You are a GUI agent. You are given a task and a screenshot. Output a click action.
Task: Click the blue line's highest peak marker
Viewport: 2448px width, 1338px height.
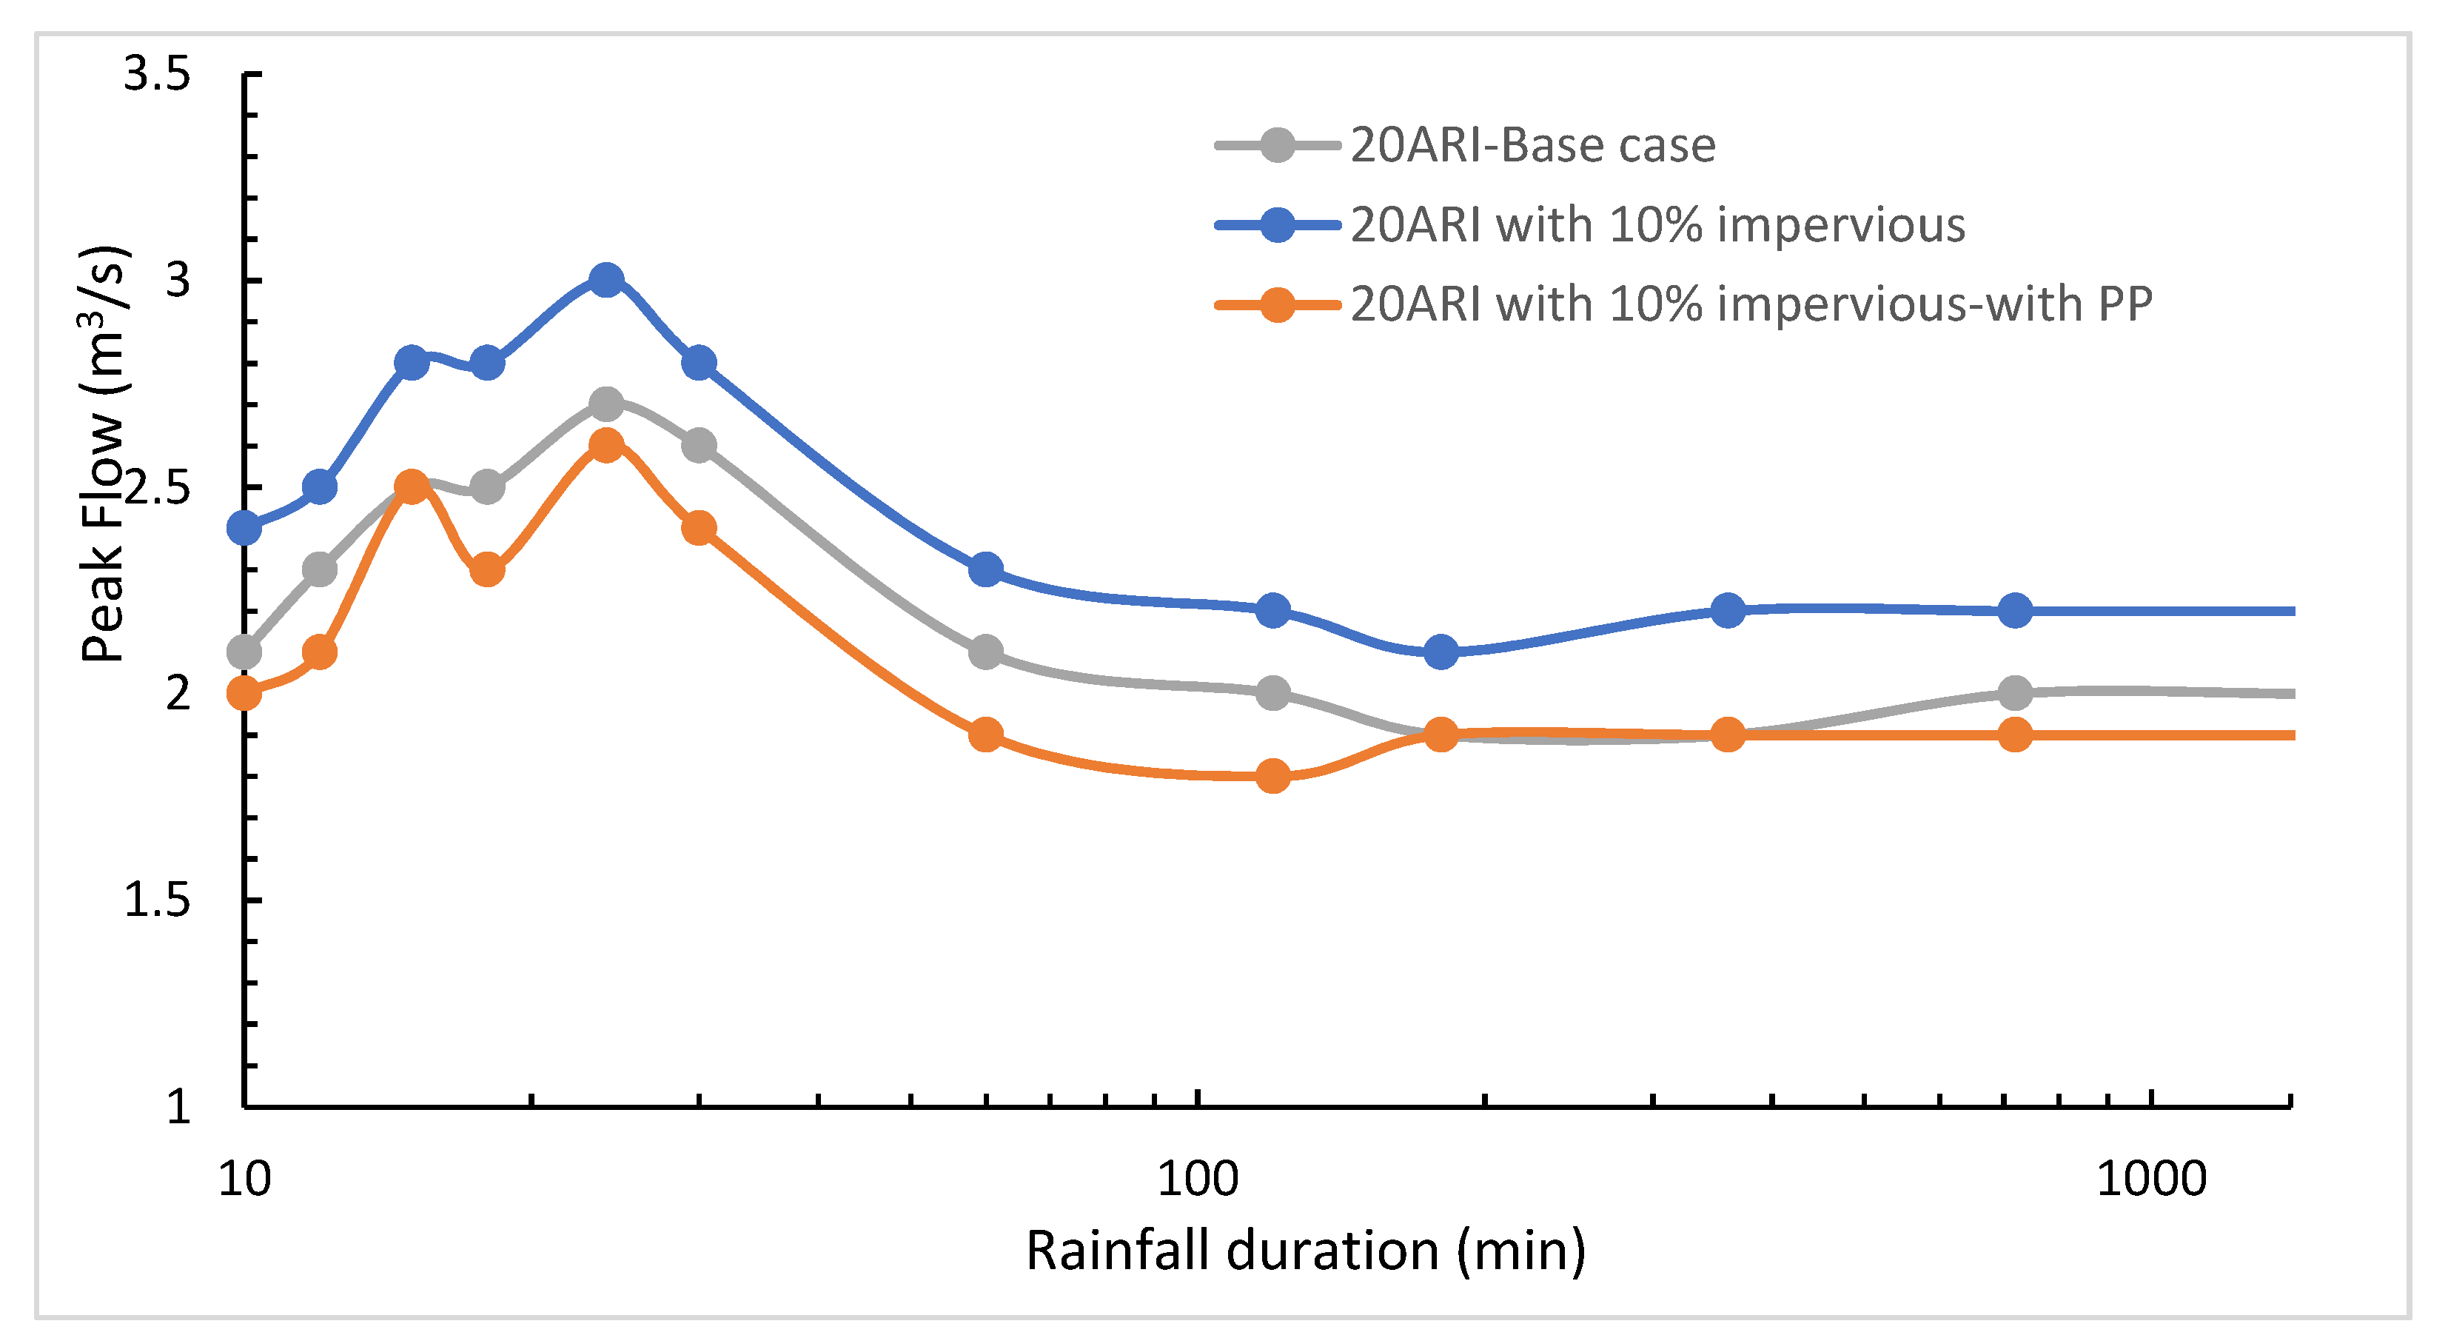click(606, 281)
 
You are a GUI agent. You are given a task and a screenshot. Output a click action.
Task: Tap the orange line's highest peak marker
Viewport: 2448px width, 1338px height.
click(606, 446)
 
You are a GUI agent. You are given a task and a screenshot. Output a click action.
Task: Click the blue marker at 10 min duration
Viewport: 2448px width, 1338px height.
click(244, 527)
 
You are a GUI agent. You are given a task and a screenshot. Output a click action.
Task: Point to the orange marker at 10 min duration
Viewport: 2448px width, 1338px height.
click(244, 694)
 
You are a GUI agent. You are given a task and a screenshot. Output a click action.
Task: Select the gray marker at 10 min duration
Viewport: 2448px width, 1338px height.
click(244, 652)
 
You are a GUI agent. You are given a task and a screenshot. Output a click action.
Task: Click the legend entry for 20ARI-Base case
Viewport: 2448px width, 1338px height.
click(1533, 145)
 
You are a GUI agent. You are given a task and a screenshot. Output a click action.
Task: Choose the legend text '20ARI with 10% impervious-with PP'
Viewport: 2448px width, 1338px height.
click(1751, 305)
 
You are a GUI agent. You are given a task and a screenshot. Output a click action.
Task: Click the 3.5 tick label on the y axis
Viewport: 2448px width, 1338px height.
click(157, 73)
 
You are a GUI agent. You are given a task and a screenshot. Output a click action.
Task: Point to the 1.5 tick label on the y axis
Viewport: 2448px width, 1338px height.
click(157, 899)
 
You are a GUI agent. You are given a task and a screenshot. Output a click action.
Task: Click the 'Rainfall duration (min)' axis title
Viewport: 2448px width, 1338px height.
click(1306, 1251)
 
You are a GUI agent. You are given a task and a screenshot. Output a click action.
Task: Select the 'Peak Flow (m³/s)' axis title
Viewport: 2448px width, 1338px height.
click(104, 454)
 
